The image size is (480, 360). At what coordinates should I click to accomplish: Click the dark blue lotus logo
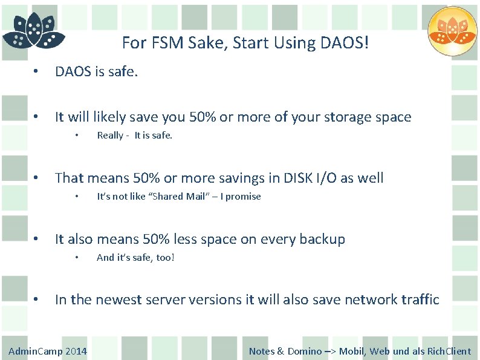pyautogui.click(x=33, y=31)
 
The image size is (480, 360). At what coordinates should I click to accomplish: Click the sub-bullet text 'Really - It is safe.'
pyautogui.click(x=134, y=136)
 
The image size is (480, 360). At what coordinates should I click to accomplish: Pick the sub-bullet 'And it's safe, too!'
pyautogui.click(x=135, y=258)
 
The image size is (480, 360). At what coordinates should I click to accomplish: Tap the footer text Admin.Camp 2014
pyautogui.click(x=48, y=351)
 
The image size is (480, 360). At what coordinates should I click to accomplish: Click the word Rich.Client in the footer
pyautogui.click(x=449, y=351)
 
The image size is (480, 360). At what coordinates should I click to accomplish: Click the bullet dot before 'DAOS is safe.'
pyautogui.click(x=37, y=72)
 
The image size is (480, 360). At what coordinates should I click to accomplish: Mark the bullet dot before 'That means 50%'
pyautogui.click(x=37, y=178)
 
